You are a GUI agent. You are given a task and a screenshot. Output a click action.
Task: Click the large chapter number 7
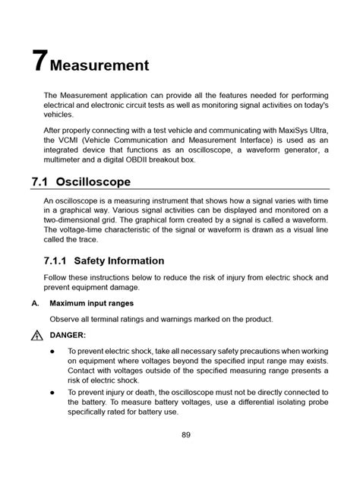coord(39,61)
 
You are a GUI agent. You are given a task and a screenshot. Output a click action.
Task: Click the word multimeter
coord(69,159)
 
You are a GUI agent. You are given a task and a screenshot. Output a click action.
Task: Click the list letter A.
coord(35,302)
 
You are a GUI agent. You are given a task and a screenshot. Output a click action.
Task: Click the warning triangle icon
coord(36,335)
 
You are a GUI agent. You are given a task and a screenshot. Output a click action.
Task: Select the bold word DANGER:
coord(68,335)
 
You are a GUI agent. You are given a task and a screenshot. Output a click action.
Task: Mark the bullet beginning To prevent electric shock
coord(52,352)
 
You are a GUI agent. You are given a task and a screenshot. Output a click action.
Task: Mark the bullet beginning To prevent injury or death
coord(52,392)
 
